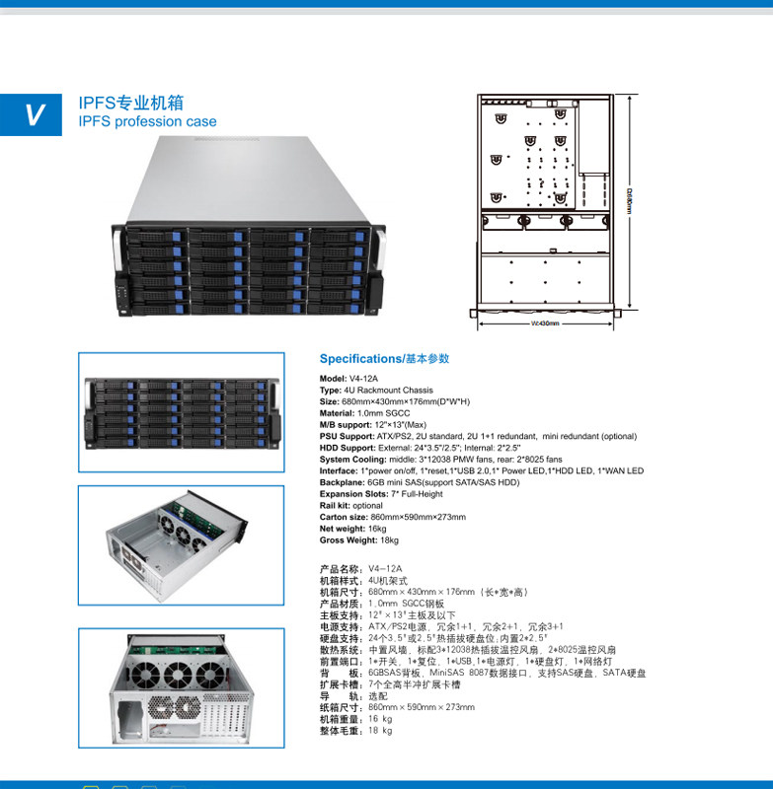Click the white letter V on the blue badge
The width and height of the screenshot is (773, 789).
34,115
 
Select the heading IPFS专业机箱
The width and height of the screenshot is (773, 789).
130,103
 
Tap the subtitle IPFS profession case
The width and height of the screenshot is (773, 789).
147,122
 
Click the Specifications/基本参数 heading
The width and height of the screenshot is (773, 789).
384,359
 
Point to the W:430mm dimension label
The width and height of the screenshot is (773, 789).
545,323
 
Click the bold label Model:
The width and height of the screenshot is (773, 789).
333,379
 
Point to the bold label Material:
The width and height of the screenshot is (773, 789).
338,413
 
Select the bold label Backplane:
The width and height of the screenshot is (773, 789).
342,482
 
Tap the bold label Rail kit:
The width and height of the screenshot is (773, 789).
336,505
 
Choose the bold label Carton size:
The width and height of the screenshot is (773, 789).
343,517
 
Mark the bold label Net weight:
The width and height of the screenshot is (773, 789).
342,529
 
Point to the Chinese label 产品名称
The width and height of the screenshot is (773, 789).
340,569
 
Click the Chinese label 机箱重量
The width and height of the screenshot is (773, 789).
340,719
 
